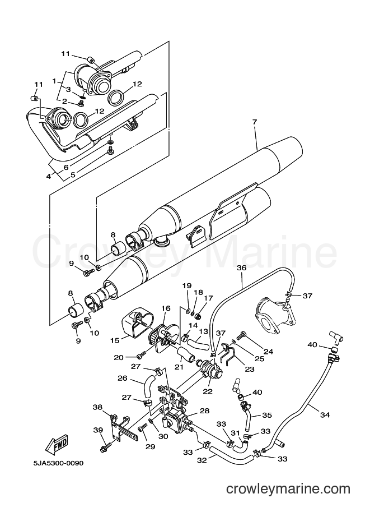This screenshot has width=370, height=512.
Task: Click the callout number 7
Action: click(254, 122)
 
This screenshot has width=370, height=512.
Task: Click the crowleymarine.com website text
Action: click(288, 489)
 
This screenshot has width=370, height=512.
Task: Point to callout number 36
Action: click(242, 267)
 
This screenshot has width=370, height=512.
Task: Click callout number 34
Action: click(325, 414)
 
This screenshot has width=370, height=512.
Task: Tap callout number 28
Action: click(204, 410)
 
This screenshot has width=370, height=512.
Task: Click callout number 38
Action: click(97, 407)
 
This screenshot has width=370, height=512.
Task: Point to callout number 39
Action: click(98, 430)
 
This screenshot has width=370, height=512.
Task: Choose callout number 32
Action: click(202, 460)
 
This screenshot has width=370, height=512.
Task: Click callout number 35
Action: click(266, 416)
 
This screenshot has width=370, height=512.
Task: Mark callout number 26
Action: click(122, 379)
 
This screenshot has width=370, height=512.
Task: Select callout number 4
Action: click(49, 176)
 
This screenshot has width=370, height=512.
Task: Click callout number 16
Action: click(166, 308)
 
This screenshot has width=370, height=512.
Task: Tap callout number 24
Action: click(268, 352)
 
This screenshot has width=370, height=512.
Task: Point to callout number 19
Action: click(187, 285)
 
